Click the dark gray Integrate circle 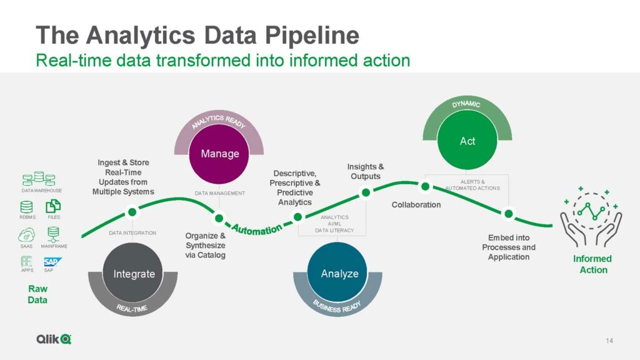click(x=134, y=274)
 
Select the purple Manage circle click(x=219, y=154)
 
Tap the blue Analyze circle click(x=339, y=274)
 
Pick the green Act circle click(x=467, y=141)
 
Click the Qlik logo click(x=53, y=339)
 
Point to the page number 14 click(x=610, y=341)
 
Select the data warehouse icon click(x=42, y=179)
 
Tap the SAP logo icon click(x=49, y=261)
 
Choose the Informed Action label click(x=592, y=264)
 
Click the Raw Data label click(x=37, y=294)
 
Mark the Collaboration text click(x=416, y=204)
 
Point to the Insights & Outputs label click(x=366, y=171)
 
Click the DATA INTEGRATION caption click(x=132, y=233)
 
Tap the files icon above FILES click(x=54, y=206)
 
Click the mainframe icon click(x=54, y=234)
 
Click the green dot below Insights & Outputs click(x=366, y=192)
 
